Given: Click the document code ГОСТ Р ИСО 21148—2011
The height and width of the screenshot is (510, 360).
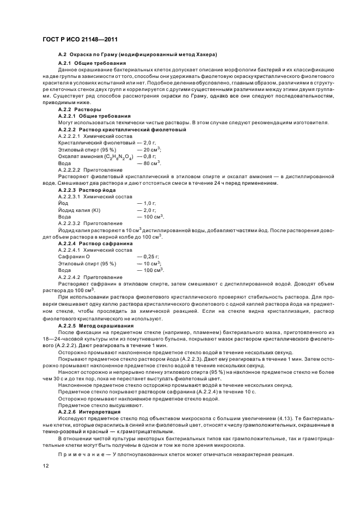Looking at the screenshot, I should [x=80, y=40].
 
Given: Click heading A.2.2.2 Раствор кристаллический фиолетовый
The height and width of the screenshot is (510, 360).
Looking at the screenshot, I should [x=122, y=130].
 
